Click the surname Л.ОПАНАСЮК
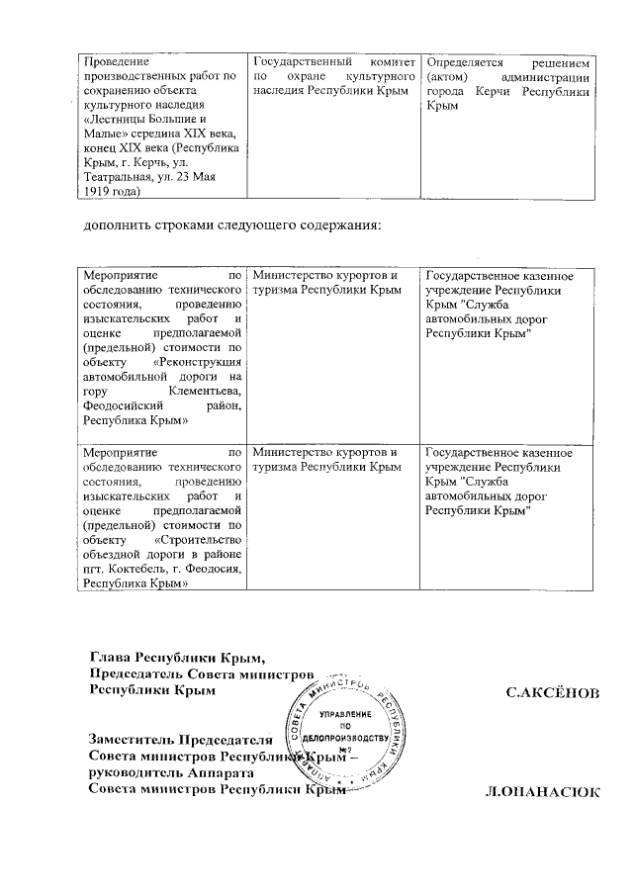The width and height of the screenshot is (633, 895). click(x=542, y=792)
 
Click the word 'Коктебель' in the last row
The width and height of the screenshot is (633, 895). click(x=134, y=569)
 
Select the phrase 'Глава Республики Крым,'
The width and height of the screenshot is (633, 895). click(x=179, y=657)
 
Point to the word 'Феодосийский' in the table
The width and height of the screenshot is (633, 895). click(x=129, y=405)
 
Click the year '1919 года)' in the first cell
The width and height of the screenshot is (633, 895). click(x=113, y=182)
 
